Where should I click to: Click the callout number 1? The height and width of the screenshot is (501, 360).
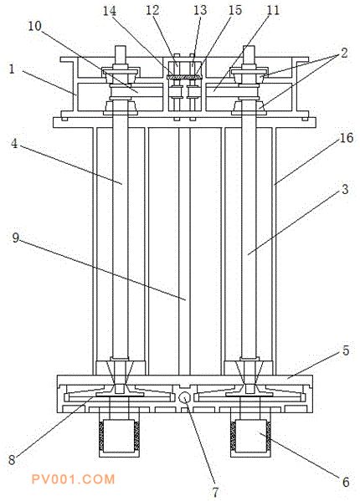pos(12,69)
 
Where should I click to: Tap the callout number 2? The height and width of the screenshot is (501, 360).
pos(344,53)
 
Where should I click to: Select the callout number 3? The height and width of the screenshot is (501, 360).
pos(345,189)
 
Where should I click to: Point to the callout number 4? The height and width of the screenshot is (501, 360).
pos(14,143)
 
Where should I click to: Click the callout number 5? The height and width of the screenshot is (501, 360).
pos(346,350)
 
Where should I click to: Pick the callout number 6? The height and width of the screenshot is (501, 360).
pos(346,482)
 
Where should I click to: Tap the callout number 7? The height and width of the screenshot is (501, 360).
pos(215,492)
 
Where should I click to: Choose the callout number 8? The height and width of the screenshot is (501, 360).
pos(12,460)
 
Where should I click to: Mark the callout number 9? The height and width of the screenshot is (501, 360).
pos(16,238)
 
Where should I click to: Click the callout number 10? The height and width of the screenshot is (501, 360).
pos(34,26)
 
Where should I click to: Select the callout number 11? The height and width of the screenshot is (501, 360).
pos(273,10)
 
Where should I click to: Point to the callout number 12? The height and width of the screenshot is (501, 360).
pos(152,10)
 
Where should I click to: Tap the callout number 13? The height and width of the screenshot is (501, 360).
pos(200,10)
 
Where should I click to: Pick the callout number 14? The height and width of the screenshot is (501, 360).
pos(109,11)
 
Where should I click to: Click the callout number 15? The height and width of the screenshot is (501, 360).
pos(235,10)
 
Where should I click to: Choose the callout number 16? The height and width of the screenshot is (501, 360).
pos(347,138)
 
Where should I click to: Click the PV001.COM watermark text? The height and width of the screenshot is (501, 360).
pos(73,479)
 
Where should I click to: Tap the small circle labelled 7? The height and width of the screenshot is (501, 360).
pos(184,398)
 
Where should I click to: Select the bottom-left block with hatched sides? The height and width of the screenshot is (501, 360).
pos(119,437)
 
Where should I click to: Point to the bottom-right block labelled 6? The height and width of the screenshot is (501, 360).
pos(251,437)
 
